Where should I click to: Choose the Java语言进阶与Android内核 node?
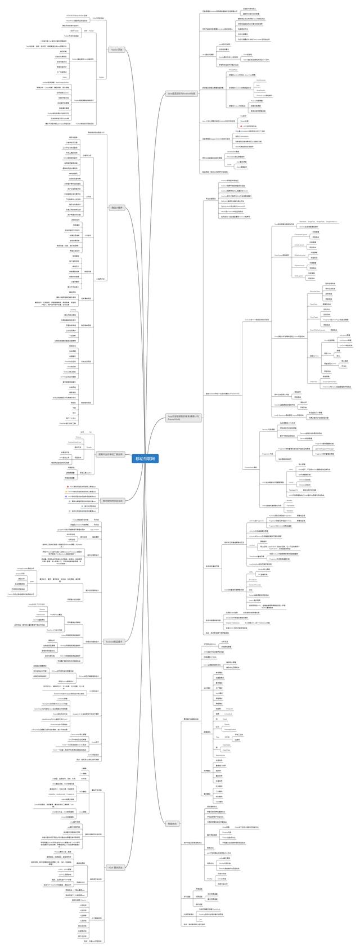(x=182, y=93)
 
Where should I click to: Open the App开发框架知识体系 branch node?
(x=183, y=418)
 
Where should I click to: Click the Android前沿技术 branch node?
(x=115, y=641)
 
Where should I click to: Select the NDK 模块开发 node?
(x=115, y=852)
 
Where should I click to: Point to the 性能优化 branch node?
(x=173, y=823)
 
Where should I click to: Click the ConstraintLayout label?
(x=300, y=234)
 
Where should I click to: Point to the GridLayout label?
(x=298, y=276)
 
